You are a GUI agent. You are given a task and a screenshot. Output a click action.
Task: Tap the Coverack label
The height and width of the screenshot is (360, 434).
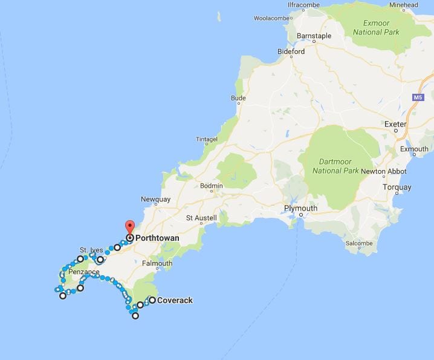pyautogui.click(x=175, y=299)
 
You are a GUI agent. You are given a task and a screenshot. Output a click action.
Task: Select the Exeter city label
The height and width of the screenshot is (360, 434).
pyautogui.click(x=395, y=124)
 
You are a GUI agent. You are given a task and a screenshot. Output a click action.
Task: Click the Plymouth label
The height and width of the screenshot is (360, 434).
pyautogui.click(x=300, y=209)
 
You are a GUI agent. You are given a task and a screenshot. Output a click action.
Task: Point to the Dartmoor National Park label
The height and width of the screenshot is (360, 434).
pyautogui.click(x=335, y=166)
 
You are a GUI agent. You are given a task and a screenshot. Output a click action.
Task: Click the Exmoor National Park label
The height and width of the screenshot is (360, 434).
pyautogui.click(x=371, y=27)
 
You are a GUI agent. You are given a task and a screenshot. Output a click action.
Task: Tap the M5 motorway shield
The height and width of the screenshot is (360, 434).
pyautogui.click(x=418, y=97)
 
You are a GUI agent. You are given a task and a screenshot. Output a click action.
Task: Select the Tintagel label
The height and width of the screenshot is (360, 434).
pyautogui.click(x=207, y=139)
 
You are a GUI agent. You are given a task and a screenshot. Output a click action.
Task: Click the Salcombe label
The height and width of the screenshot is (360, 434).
pyautogui.click(x=359, y=243)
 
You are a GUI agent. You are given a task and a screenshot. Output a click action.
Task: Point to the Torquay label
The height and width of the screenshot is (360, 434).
pyautogui.click(x=397, y=188)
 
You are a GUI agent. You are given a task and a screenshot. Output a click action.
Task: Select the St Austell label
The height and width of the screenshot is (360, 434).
pyautogui.click(x=200, y=218)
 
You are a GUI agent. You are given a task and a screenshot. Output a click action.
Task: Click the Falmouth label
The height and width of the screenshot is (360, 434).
pyautogui.click(x=157, y=263)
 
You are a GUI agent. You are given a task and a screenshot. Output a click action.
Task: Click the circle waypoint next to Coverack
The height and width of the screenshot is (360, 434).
pyautogui.click(x=152, y=299)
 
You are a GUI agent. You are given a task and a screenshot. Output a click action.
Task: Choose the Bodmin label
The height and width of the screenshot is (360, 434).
pyautogui.click(x=212, y=186)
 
